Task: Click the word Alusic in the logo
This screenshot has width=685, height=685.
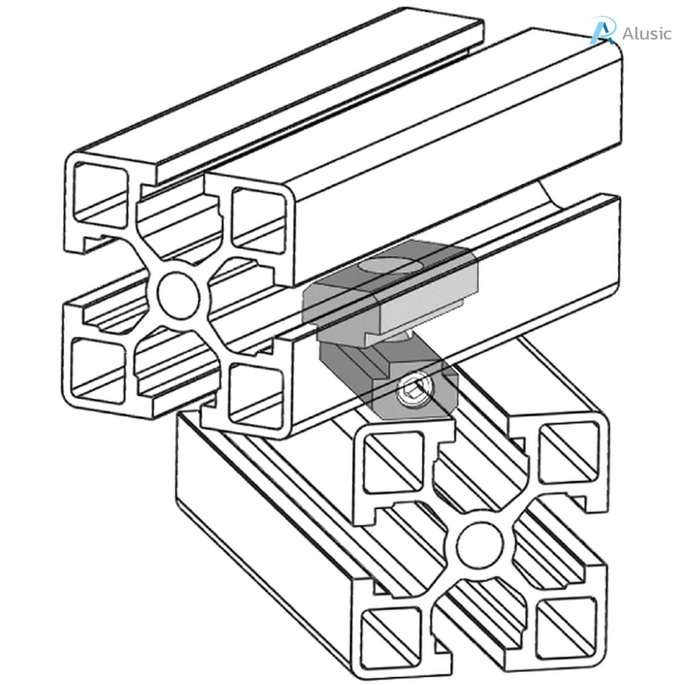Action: click(646, 33)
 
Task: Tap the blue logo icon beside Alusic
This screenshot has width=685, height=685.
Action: click(602, 31)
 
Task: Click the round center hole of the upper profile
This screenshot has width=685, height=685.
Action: click(179, 295)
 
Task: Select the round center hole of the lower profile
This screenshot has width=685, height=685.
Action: click(479, 543)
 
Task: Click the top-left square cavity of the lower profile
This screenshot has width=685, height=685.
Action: click(394, 462)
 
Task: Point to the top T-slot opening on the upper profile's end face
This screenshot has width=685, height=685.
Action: click(181, 214)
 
